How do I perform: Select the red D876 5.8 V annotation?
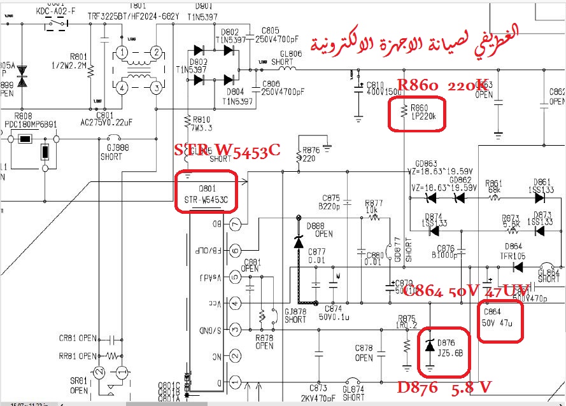point(444,387)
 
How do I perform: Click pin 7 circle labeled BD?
point(236,224)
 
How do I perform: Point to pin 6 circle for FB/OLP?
point(236,251)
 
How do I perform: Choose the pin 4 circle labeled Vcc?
point(236,304)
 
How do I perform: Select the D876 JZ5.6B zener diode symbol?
point(430,346)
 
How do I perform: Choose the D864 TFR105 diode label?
point(513,250)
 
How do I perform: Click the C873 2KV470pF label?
point(318,392)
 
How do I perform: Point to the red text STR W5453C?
point(227,151)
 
